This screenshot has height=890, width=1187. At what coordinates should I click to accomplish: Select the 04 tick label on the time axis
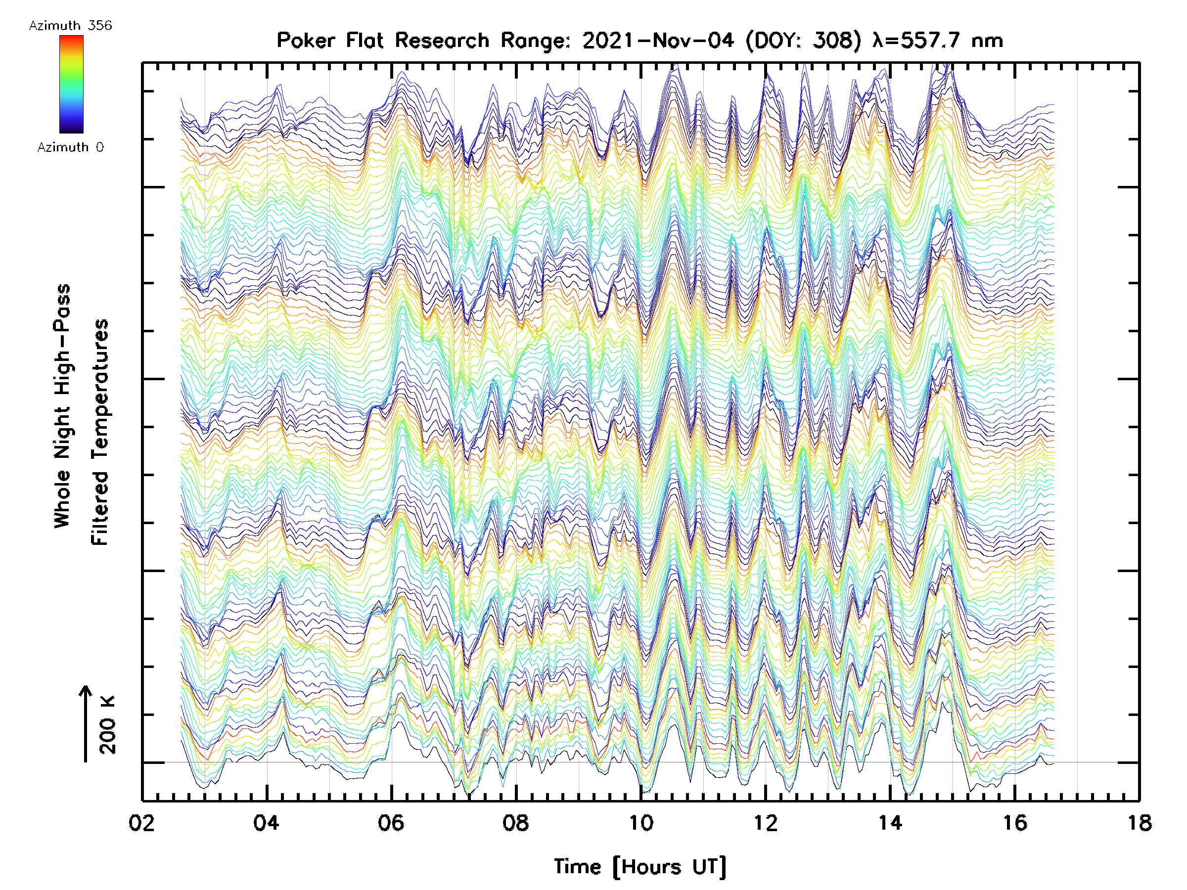266,822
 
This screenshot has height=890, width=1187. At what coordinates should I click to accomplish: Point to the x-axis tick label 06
391,822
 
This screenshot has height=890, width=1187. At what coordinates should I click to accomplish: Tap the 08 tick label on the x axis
516,822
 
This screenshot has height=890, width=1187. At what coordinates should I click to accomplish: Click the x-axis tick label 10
640,822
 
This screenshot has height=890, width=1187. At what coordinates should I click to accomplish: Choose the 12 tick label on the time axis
765,822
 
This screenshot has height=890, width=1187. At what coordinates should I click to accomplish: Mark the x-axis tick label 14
890,822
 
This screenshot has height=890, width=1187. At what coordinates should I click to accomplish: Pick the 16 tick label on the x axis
1015,822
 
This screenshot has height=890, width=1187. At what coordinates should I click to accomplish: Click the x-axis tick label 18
1139,822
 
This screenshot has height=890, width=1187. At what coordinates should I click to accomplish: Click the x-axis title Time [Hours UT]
640,866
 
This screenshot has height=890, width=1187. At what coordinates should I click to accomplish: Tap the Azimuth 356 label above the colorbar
70,26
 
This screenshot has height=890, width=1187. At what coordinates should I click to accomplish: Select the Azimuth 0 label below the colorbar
70,147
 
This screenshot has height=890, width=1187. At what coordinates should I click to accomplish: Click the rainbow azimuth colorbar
71,84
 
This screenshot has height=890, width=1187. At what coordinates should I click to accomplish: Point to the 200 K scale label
108,725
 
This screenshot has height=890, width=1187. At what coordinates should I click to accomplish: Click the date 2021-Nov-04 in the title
658,41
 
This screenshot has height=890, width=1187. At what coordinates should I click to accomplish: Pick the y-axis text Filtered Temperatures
100,432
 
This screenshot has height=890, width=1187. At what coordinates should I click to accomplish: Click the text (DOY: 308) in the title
803,41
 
